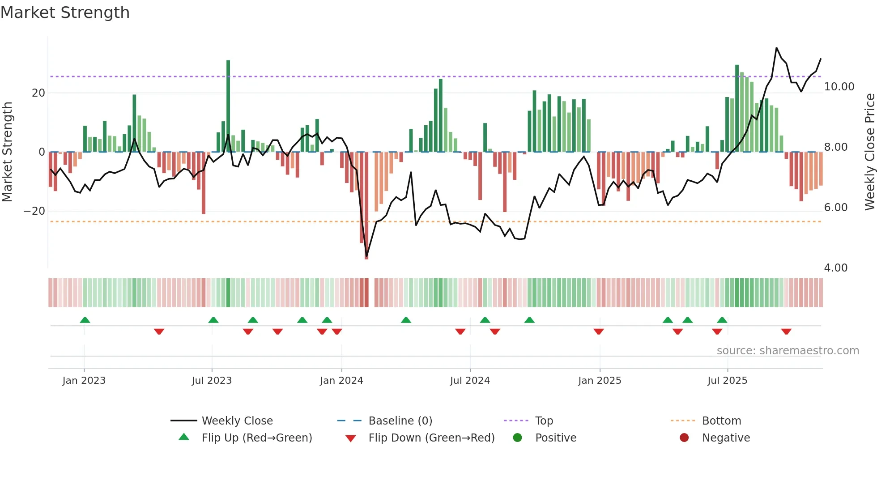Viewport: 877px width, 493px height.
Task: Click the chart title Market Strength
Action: (x=65, y=13)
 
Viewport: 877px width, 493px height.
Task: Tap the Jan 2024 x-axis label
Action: (x=341, y=381)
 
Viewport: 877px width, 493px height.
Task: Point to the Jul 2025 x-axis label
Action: (x=727, y=381)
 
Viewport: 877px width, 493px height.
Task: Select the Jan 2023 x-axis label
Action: (x=84, y=381)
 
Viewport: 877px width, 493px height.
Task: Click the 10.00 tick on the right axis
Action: (x=839, y=87)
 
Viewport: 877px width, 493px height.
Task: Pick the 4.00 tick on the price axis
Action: (x=835, y=268)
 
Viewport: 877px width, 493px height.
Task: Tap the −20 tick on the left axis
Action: (x=34, y=211)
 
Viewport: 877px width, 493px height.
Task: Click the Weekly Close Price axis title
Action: (x=869, y=152)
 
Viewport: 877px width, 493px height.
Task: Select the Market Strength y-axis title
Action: (x=8, y=152)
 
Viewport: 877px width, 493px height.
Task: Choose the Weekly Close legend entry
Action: (x=237, y=421)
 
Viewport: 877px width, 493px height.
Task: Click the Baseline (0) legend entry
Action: (x=400, y=421)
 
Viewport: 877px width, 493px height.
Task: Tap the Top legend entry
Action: (x=544, y=421)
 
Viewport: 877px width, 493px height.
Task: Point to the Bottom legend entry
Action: (x=721, y=421)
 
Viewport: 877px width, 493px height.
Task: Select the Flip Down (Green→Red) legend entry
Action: (x=431, y=438)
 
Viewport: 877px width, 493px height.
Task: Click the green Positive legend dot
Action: (x=518, y=438)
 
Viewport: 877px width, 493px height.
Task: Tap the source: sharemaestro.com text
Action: (x=788, y=351)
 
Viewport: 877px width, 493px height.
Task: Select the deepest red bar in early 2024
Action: (x=366, y=206)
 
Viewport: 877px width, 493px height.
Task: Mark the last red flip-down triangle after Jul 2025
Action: (x=786, y=331)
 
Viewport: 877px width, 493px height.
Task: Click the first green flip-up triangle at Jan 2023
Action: (x=85, y=320)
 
